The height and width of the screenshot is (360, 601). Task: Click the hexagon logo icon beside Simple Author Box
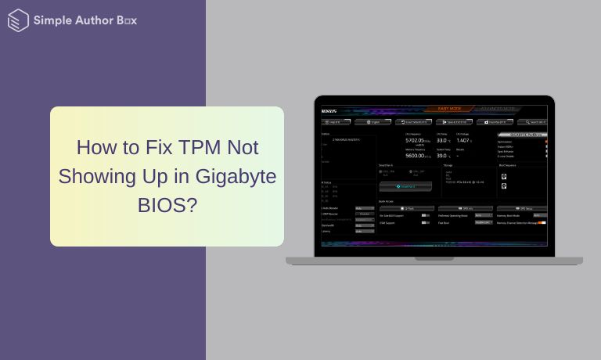click(18, 20)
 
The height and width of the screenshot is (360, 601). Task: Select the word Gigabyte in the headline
click(237, 176)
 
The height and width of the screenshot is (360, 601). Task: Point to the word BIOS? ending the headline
click(167, 205)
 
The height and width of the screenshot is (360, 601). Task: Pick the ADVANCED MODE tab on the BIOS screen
click(498, 110)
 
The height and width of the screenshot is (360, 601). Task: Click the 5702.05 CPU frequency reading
click(416, 140)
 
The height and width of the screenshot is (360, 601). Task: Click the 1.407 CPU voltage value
click(462, 140)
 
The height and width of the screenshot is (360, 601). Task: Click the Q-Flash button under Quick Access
click(406, 208)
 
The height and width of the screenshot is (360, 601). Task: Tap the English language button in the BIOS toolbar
click(372, 122)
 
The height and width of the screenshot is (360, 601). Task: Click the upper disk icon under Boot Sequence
click(503, 177)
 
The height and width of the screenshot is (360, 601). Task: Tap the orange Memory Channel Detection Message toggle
click(541, 223)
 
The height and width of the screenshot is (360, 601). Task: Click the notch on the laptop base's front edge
click(434, 258)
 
